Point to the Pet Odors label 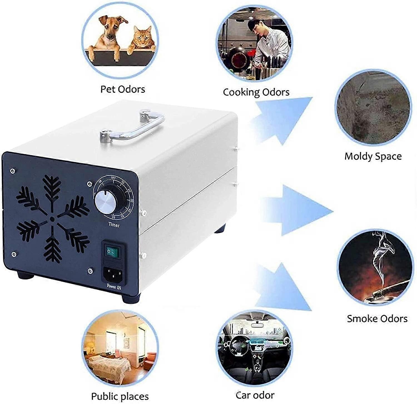(x=123, y=89)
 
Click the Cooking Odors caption (x=256, y=92)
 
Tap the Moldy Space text (x=373, y=156)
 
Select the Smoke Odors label (x=377, y=318)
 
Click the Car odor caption (x=255, y=395)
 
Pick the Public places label (x=120, y=396)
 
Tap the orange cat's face (x=142, y=37)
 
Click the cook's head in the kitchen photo (x=259, y=26)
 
